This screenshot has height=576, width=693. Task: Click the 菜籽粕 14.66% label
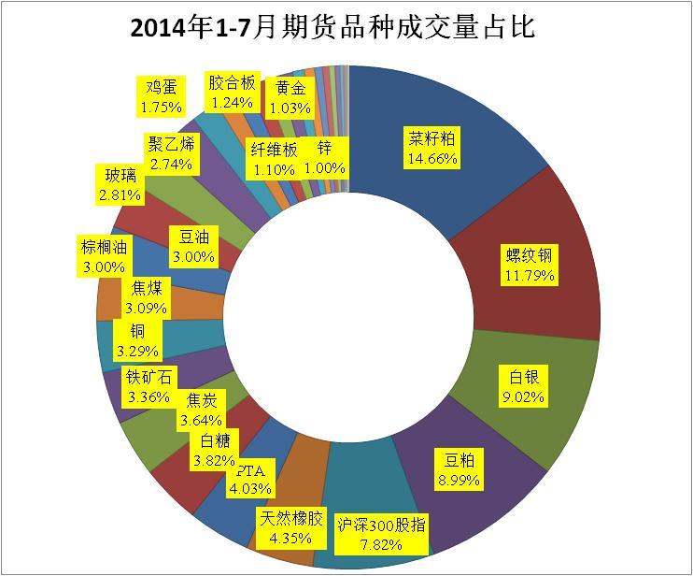(x=431, y=149)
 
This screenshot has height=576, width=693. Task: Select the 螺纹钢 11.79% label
(x=529, y=265)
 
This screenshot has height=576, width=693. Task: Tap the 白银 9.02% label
(x=523, y=386)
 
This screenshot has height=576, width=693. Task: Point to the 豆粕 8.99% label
(x=458, y=468)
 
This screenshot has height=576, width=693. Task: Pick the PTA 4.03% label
(x=249, y=478)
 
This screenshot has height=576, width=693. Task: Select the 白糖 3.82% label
(x=214, y=450)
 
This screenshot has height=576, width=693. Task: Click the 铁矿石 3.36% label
(x=149, y=386)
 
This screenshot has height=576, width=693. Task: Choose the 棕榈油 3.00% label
(x=104, y=255)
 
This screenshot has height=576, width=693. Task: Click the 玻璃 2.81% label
(x=120, y=184)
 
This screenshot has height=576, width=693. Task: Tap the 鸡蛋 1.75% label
(x=162, y=97)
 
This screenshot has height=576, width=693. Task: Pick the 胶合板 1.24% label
(x=233, y=91)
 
